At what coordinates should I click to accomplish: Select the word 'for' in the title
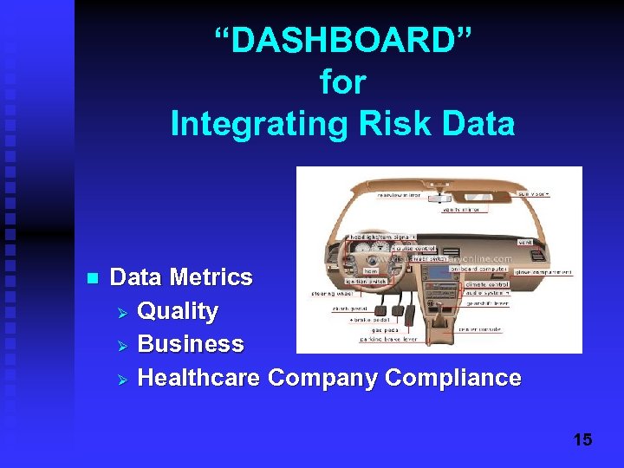point(343,83)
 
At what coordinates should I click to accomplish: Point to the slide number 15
point(582,440)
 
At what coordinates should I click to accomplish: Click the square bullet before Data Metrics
point(92,278)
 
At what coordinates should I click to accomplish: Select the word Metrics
point(211,277)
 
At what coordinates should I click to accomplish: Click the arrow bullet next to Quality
point(122,311)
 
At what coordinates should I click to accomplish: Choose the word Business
point(191,344)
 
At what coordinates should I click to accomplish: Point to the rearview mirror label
point(400,195)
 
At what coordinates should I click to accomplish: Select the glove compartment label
point(543,271)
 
